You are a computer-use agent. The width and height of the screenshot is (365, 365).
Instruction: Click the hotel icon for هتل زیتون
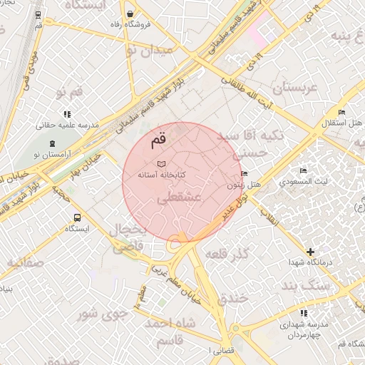[x=245, y=174]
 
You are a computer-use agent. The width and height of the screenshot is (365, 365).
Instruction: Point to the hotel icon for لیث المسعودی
[x=304, y=171]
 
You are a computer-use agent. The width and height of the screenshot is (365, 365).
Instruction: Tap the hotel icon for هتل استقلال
[x=341, y=113]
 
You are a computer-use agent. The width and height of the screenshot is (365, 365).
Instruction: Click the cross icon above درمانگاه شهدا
[x=310, y=252]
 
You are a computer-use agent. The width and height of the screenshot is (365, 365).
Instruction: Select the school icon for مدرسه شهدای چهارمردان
[x=304, y=313]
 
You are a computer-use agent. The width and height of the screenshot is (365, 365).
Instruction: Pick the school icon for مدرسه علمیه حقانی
[x=67, y=113]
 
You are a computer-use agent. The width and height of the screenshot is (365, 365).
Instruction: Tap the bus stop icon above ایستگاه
[x=76, y=218]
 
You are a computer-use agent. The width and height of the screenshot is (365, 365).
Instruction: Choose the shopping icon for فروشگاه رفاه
[x=129, y=14]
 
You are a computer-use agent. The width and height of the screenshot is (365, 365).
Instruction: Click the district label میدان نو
[x=148, y=51]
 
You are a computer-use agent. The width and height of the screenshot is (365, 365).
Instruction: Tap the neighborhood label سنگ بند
[x=307, y=285]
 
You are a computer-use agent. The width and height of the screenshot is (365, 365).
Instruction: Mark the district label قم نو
[x=69, y=91]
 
